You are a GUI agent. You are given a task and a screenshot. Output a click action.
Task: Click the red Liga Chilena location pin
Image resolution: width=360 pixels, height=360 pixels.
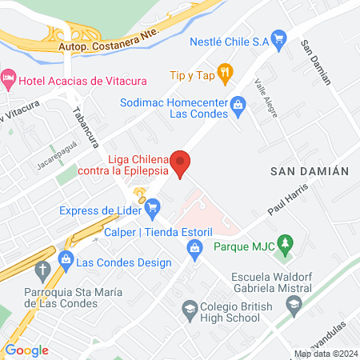pos(182,163)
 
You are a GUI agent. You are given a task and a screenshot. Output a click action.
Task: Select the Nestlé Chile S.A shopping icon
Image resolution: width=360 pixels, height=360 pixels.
pos(278,38)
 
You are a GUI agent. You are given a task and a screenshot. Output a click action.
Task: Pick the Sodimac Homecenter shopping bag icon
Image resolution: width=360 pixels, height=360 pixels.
pos(238,103)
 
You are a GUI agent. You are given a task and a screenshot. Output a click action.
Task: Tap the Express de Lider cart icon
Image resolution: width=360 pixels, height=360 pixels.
pos(152,210)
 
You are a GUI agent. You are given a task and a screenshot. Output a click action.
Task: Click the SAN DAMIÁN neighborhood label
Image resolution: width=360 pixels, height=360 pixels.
pos(310,171)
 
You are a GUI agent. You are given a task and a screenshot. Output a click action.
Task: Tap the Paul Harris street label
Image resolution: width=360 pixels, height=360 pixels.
pos(287,203)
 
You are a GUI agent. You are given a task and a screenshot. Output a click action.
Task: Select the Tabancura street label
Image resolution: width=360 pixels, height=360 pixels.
pos(84,127)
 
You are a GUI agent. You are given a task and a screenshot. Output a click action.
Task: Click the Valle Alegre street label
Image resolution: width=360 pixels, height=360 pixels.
pos(266,100)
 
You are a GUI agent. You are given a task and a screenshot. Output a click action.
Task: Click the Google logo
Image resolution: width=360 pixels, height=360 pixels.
pos(26,350)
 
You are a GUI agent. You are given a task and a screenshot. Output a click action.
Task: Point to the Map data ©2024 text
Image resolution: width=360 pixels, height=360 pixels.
pos(325,354)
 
